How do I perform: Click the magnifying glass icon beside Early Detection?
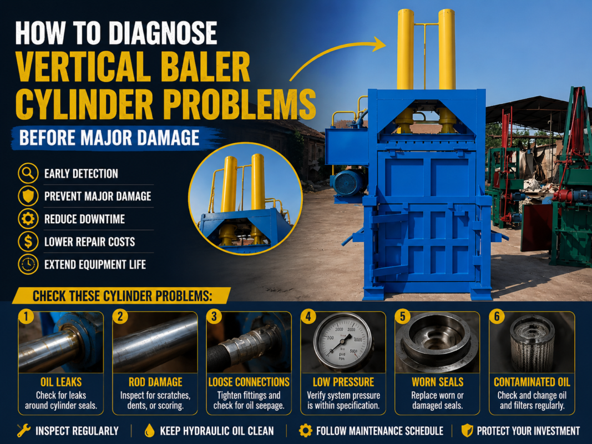[x=28, y=173]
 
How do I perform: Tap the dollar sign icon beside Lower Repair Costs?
[x=28, y=241]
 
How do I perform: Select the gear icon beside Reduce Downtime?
[x=28, y=219]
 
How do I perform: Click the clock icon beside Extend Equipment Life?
[x=28, y=264]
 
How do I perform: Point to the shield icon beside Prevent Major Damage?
[x=28, y=196]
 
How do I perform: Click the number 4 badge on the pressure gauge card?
[x=308, y=316]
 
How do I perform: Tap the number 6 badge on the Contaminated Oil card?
[x=497, y=316]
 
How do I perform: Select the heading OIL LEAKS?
[x=61, y=382]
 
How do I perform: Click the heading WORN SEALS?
[x=438, y=382]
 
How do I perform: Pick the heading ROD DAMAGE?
[x=155, y=382]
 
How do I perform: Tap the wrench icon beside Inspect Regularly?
[x=23, y=431]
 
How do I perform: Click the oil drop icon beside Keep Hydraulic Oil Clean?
[x=150, y=431]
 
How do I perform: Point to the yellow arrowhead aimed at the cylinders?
[x=379, y=44]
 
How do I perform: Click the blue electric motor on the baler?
[x=348, y=184]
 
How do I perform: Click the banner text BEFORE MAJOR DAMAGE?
[x=109, y=138]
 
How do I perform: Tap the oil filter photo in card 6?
[x=532, y=343]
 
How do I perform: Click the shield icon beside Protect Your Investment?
[x=467, y=431]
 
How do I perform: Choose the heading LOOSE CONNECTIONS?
[x=249, y=382]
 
